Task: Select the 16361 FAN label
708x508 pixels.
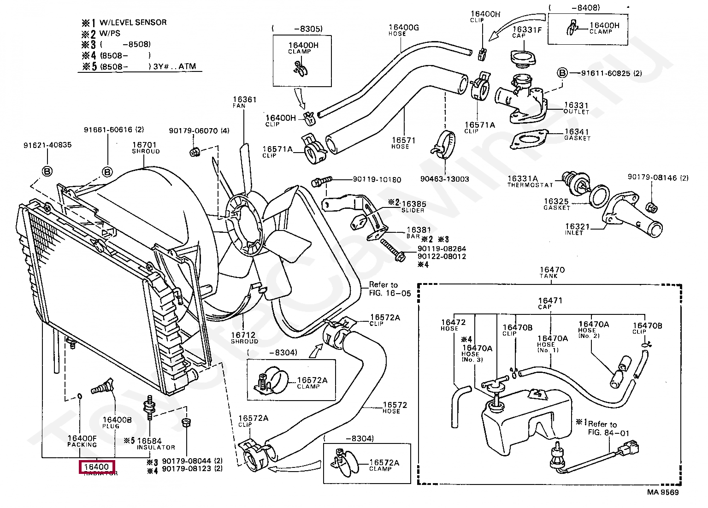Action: [244, 102]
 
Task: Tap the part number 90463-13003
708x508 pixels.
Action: [444, 179]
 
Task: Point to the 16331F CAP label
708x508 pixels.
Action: [527, 32]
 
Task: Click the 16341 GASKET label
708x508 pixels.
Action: [577, 135]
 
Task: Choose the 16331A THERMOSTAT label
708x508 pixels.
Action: [529, 181]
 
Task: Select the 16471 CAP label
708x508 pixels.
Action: [550, 303]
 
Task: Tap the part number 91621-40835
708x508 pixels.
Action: [47, 145]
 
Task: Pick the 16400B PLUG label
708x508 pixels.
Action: [117, 422]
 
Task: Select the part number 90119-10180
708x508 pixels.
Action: [377, 179]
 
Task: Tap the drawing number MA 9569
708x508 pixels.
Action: [663, 492]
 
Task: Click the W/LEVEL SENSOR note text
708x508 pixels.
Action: [133, 22]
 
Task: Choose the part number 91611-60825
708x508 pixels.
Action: [605, 73]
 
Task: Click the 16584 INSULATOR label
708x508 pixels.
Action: [156, 443]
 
